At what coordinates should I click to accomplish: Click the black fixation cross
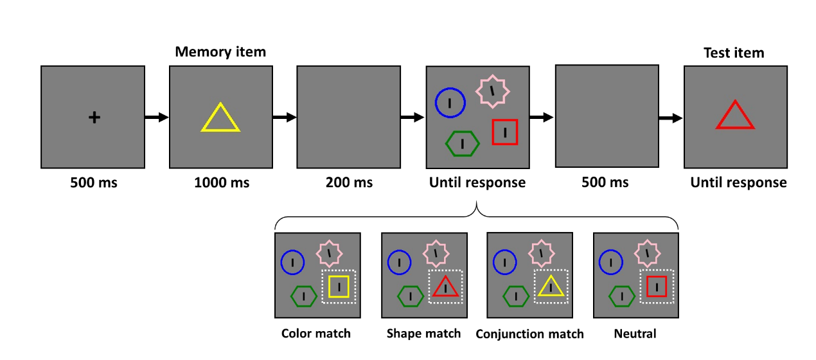pyautogui.click(x=94, y=117)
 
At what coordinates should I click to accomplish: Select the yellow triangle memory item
pyautogui.click(x=220, y=118)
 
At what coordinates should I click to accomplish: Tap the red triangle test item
pyautogui.click(x=735, y=116)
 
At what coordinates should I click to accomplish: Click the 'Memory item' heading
pyautogui.click(x=220, y=52)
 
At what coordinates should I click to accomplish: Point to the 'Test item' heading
pyautogui.click(x=734, y=53)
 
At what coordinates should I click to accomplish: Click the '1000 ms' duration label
pyautogui.click(x=222, y=183)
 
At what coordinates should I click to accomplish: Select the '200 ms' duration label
pyautogui.click(x=349, y=183)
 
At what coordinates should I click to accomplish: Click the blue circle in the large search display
pyautogui.click(x=450, y=103)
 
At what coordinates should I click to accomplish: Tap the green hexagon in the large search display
pyautogui.click(x=463, y=143)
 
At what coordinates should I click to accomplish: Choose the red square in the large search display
pyautogui.click(x=505, y=132)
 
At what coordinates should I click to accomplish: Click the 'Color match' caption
pyautogui.click(x=316, y=334)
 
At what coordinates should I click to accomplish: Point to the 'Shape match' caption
pyautogui.click(x=423, y=334)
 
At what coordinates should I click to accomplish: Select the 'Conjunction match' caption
pyautogui.click(x=529, y=334)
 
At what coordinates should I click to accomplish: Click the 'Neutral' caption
pyautogui.click(x=635, y=334)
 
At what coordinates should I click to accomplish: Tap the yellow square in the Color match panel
pyautogui.click(x=339, y=287)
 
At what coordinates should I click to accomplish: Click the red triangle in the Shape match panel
pyautogui.click(x=445, y=287)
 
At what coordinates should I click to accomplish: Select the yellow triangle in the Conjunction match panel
pyautogui.click(x=551, y=287)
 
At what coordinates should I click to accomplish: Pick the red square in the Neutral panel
pyautogui.click(x=657, y=286)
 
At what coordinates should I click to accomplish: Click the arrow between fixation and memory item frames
pyautogui.click(x=156, y=117)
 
